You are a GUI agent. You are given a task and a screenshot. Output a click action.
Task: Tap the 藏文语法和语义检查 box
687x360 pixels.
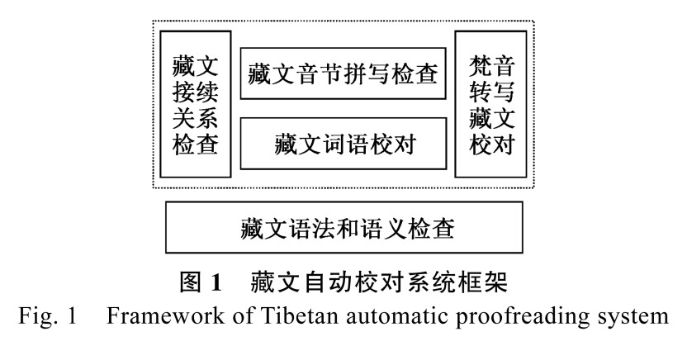344,225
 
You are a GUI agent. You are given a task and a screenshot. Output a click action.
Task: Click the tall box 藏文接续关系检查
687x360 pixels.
196,104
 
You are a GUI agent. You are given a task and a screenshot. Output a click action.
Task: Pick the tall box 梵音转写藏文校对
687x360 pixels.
491,104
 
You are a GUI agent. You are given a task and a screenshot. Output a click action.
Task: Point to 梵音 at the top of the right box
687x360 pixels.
491,64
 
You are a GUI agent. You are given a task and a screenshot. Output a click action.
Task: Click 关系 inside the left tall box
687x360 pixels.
196,118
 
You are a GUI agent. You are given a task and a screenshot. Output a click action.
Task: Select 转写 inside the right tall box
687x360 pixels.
491,91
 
